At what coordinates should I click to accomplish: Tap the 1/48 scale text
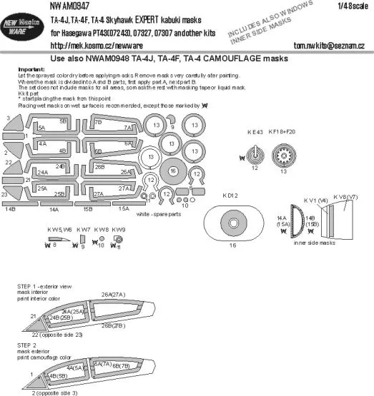click(x=343, y=6)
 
